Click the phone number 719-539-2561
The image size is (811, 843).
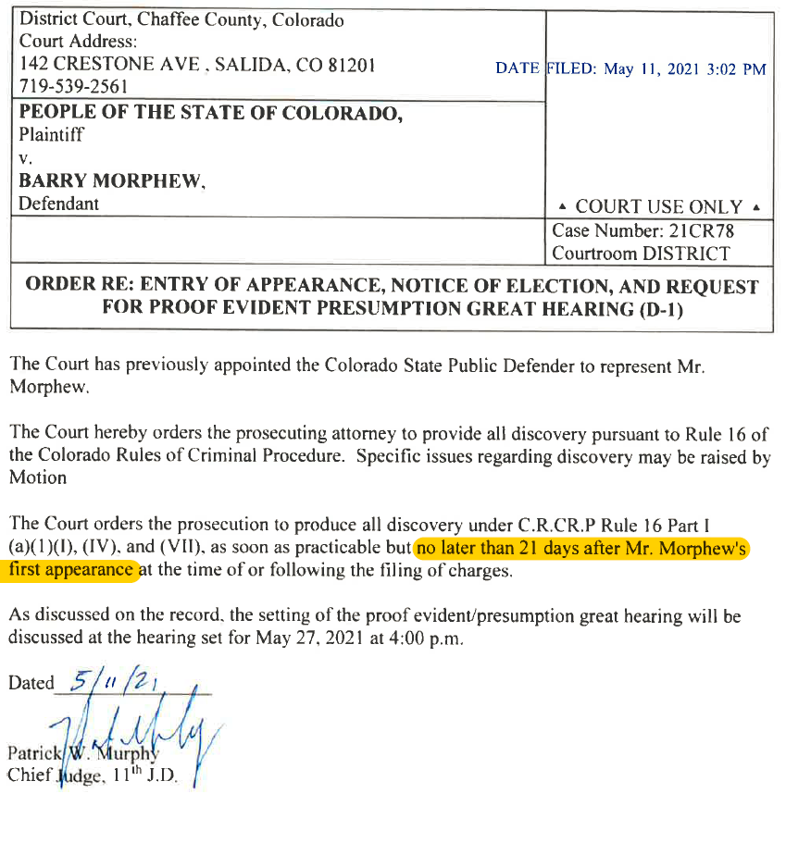[x=74, y=87]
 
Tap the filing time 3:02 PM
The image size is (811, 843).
[x=736, y=69]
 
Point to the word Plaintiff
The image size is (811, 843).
[x=52, y=135]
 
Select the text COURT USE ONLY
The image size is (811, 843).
[x=658, y=207]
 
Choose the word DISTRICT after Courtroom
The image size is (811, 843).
[x=684, y=254]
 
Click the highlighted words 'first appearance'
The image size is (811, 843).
[x=70, y=570]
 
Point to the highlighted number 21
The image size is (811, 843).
[x=529, y=548]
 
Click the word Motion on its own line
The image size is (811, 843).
[x=38, y=478]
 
